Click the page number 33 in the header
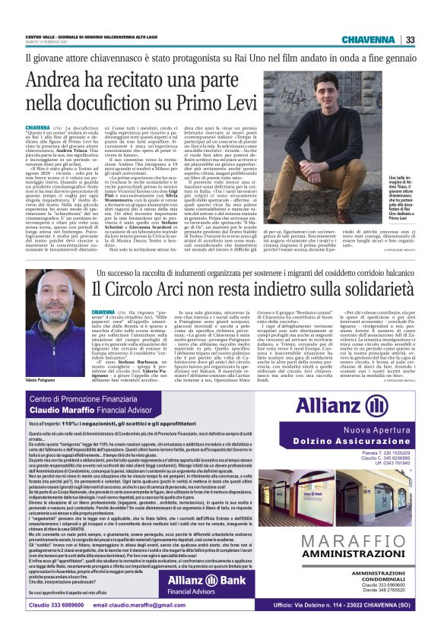410,40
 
